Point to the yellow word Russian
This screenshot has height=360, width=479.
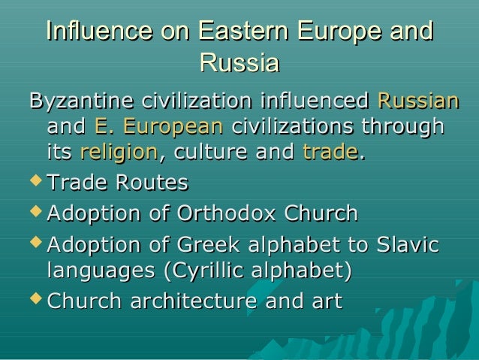tap(418, 101)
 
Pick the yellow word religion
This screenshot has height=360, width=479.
tap(119, 153)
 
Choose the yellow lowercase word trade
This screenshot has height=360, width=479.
tap(330, 153)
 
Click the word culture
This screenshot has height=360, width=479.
tap(206, 153)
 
